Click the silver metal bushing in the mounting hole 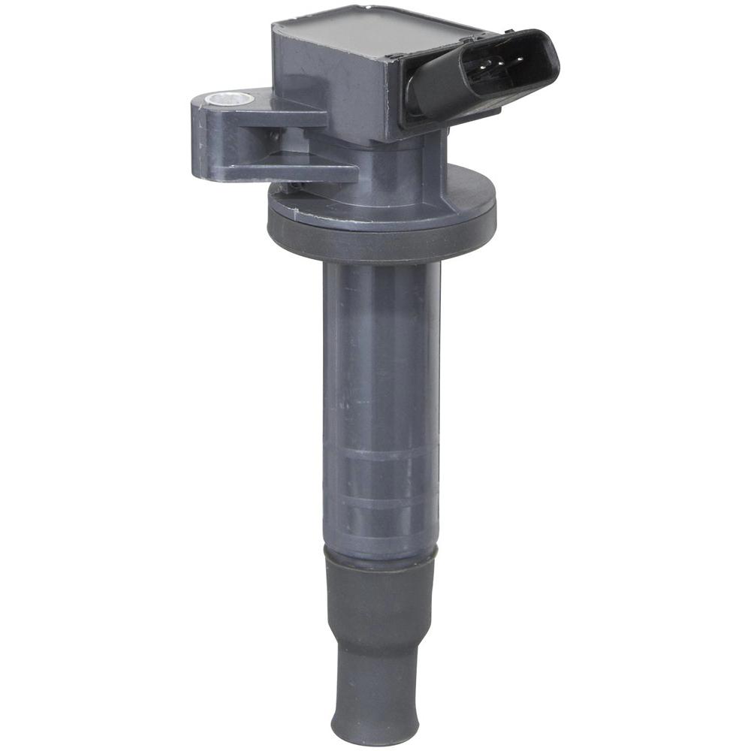coord(222,98)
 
